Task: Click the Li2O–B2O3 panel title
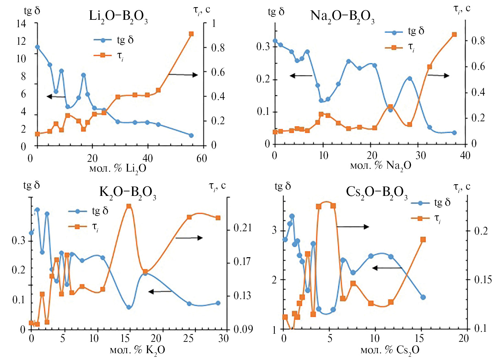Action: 118,16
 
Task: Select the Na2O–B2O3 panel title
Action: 342,16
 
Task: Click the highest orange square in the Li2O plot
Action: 191,34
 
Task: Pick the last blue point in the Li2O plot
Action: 191,135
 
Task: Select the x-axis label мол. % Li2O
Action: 118,168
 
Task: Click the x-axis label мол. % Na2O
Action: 381,165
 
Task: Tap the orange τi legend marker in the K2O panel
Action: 77,226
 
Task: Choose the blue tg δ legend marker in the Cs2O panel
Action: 420,203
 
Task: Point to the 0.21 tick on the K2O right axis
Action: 242,228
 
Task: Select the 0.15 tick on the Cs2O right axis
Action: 483,280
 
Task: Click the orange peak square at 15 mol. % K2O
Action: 128,206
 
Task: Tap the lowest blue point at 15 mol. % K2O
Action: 128,307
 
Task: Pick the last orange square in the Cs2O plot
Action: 423,240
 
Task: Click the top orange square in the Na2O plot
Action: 454,35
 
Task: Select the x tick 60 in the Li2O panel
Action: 201,158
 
